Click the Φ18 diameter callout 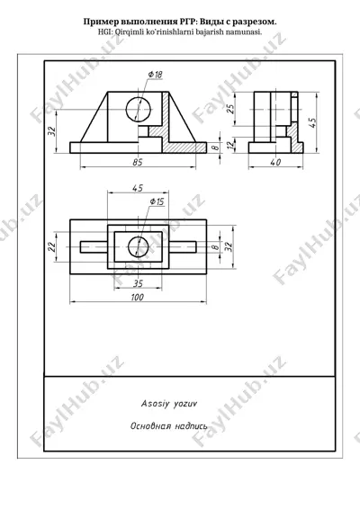156,75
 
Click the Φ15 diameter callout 157,202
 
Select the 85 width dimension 138,162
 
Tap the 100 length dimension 138,297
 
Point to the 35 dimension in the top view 138,283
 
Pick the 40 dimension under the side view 275,162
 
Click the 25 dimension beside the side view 230,109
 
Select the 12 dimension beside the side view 230,145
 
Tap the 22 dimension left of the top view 52,246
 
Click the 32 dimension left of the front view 52,130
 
